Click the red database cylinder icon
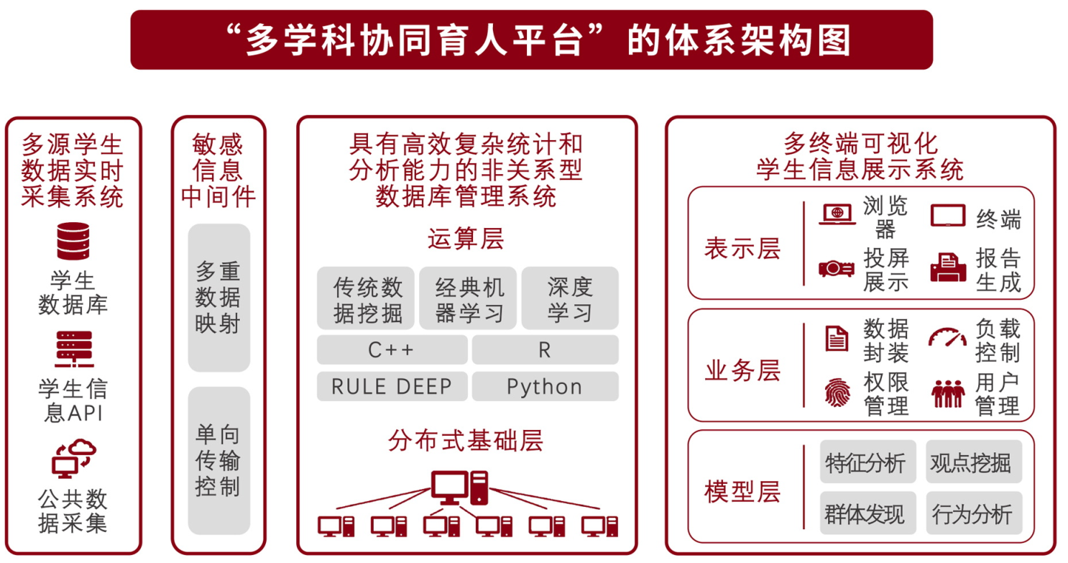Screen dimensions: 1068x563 73,241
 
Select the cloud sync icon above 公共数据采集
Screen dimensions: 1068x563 74,459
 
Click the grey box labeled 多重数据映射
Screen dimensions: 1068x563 218,298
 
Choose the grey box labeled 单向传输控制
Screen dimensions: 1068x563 218,460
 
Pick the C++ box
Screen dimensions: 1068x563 392,349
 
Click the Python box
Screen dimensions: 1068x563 545,386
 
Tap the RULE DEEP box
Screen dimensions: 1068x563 392,386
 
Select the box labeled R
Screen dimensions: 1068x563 545,349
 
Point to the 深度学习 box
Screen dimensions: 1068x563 570,298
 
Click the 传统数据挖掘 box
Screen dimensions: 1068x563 366,298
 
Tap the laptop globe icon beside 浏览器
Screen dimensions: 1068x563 837,214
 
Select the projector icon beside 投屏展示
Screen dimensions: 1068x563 837,269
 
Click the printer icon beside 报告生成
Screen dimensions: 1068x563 948,267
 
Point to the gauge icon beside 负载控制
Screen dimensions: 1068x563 947,337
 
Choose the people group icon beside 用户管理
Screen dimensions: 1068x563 948,393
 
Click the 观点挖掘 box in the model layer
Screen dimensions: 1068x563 974,462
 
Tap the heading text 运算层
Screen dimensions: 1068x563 466,239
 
